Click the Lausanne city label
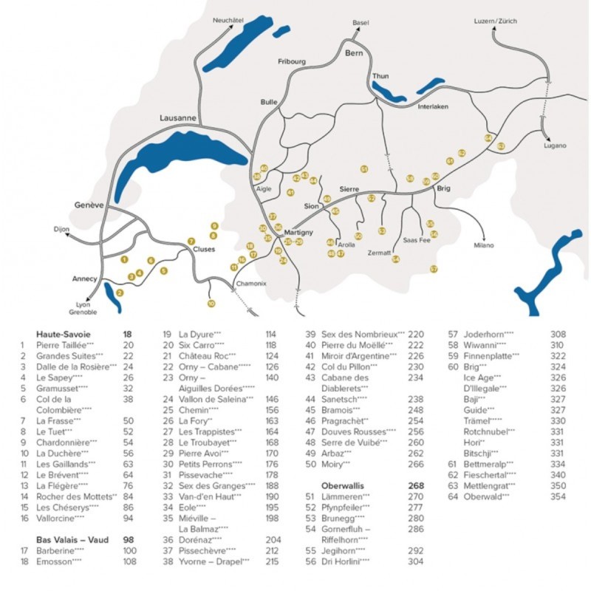coord(178,117)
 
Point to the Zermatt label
coord(379,252)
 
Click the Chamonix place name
coord(250,284)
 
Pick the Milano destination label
coord(484,245)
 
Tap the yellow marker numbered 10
coord(211,304)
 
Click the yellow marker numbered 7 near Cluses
coord(191,242)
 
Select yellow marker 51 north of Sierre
coord(364,169)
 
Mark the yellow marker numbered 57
coord(434,269)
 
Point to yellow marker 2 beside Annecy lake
coord(120,293)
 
